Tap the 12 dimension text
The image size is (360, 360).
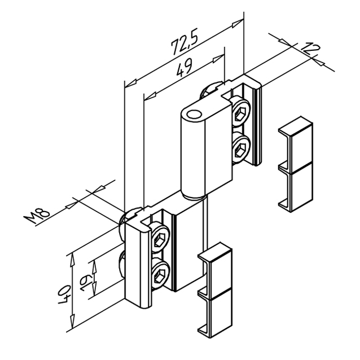(x=310, y=49)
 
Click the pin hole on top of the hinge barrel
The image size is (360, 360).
(x=193, y=114)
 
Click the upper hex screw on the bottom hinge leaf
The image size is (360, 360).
(x=160, y=238)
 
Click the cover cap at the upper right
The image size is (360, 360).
(x=296, y=164)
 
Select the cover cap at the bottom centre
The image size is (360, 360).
(x=215, y=290)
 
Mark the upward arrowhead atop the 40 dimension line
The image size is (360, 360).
(x=72, y=260)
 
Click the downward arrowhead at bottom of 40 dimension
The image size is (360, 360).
(x=72, y=321)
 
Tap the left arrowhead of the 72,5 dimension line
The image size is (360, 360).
(x=130, y=84)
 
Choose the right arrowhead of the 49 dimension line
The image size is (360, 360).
(x=218, y=59)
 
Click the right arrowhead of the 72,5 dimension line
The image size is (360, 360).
(x=238, y=23)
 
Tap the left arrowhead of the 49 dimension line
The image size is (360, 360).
(x=150, y=96)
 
